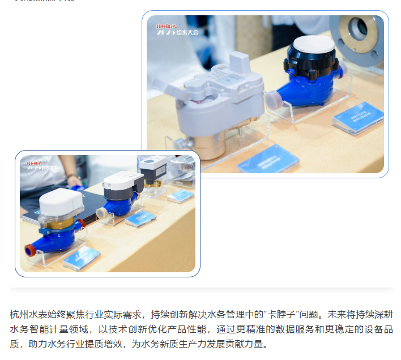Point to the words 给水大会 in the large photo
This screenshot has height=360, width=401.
click(x=189, y=32)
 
